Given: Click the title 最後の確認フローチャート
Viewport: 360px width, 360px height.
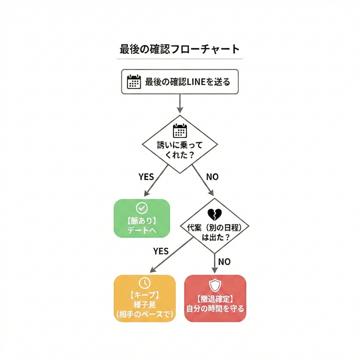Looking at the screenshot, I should pos(180,49).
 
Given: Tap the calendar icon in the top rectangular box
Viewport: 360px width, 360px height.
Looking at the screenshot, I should pos(134,82).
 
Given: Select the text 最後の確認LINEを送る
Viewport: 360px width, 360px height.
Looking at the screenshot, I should pos(187,82).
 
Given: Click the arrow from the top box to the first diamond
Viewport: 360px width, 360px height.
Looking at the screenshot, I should pos(180,104).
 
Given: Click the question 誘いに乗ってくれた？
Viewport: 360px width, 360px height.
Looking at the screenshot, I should pos(180,150).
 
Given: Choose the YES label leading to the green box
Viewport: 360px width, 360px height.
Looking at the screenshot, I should pos(146,176).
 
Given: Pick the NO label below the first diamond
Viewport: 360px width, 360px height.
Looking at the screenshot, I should pos(212,176).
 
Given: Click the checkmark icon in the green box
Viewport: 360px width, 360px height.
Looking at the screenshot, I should pos(142,208).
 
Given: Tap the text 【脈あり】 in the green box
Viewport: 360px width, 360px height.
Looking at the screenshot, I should pos(142,221).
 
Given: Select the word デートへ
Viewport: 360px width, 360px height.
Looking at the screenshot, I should pos(142,231).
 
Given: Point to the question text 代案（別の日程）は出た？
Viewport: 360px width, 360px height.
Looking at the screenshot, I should pos(215,232).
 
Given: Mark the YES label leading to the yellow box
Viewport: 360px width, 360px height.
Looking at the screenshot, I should pos(161,251).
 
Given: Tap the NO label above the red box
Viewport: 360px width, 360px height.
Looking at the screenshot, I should pos(224,262).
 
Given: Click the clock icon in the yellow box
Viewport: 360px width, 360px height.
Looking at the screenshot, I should pos(144,283).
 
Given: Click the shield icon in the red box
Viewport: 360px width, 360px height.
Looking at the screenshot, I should pos(215,285).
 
